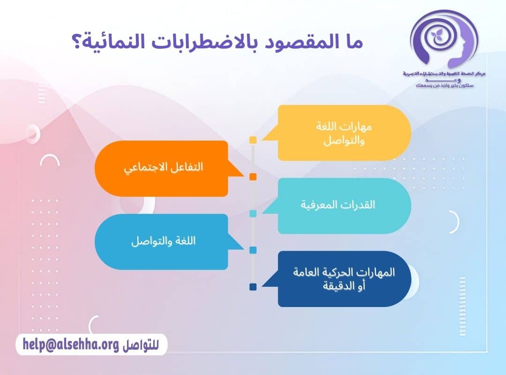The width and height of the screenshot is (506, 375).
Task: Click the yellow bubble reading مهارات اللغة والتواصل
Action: (x=344, y=133)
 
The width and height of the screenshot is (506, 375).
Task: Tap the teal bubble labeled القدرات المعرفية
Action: (x=344, y=205)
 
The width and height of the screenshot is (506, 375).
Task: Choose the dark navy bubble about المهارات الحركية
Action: (x=344, y=278)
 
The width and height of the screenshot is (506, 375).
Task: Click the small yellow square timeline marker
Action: (x=253, y=140)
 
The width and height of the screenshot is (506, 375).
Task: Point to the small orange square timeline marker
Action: (x=253, y=177)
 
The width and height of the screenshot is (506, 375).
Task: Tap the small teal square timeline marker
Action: (x=253, y=213)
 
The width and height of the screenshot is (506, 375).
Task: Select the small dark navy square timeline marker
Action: (x=253, y=287)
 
